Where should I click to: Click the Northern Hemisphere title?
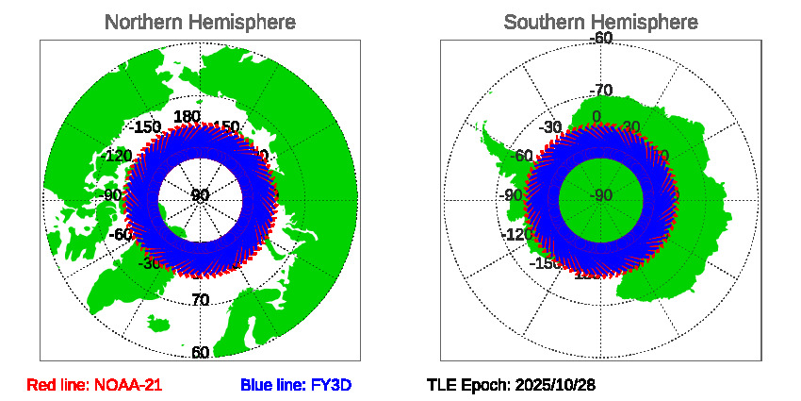pos(200,22)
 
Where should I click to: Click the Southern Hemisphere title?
pos(600,22)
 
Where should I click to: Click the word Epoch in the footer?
pos(485,385)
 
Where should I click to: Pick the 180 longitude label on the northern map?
pos(188,116)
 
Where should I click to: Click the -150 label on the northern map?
pos(145,127)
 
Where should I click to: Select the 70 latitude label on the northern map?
pos(200,301)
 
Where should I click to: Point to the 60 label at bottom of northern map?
pos(200,353)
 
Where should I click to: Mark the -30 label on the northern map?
pos(148,263)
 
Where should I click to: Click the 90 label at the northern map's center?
pos(200,196)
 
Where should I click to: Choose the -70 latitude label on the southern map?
pos(600,91)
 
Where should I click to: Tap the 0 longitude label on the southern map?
pos(596,117)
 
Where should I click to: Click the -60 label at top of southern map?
pos(600,39)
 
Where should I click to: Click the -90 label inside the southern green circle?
pos(600,196)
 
